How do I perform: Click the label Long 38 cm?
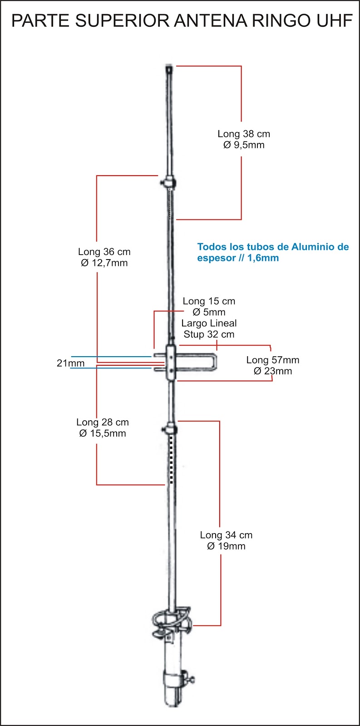point(244,134)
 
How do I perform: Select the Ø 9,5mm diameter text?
point(244,145)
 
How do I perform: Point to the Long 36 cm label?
point(104,252)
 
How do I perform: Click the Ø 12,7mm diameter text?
point(104,263)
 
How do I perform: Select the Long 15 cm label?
point(209,301)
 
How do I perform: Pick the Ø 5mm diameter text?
point(209,312)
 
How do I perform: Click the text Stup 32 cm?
point(209,334)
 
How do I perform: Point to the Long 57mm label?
point(273,360)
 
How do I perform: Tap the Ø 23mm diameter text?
point(273,371)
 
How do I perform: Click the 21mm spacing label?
point(70,363)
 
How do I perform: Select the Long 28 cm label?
point(102,422)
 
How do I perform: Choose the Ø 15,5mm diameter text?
point(102,433)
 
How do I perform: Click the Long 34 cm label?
point(226,535)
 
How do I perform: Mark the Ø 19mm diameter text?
point(226,546)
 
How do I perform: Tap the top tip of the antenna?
point(169,68)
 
